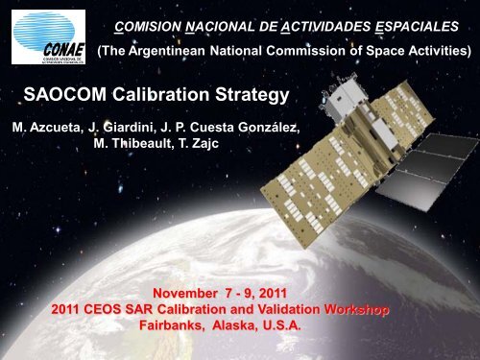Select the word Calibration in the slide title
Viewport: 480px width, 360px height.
click(164, 96)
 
